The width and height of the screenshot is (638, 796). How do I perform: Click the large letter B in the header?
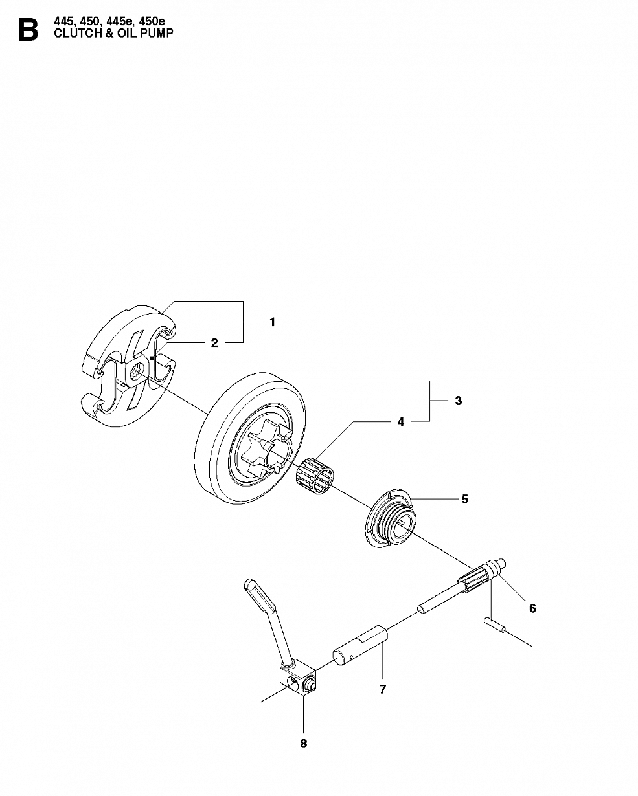pos(28,30)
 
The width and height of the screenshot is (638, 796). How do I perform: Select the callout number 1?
pos(273,322)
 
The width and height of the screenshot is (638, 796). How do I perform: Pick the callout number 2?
pos(214,343)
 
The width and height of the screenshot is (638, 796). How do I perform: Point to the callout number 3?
pos(459,401)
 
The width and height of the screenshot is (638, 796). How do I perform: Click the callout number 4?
pos(401,422)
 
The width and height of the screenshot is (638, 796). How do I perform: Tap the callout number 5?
pos(464,499)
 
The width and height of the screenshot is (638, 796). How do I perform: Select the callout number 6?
pos(532,608)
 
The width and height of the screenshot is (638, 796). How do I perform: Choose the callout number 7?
pos(383,689)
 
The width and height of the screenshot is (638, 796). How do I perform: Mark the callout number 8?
pos(304,744)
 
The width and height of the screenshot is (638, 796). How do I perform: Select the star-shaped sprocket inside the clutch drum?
pos(265,454)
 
